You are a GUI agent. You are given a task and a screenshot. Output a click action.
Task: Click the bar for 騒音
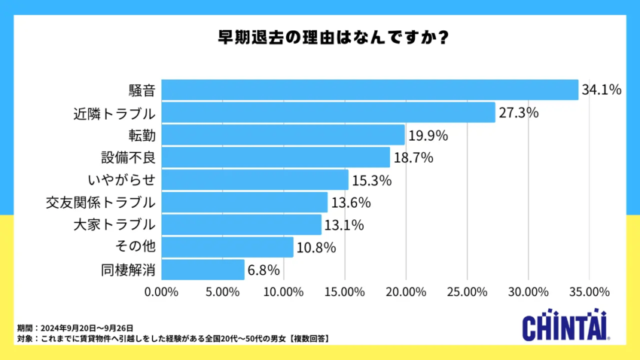(370, 90)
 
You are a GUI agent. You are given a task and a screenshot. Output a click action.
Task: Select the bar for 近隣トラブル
(328, 112)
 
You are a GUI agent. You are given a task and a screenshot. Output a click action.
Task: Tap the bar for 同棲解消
(203, 270)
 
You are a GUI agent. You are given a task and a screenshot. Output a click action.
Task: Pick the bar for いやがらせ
(255, 180)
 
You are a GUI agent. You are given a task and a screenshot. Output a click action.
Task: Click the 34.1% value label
(601, 90)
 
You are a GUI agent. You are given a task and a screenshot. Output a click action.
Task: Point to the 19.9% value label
(428, 136)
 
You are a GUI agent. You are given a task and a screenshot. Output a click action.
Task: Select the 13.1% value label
(344, 224)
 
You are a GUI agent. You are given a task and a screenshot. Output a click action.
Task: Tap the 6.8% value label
(264, 270)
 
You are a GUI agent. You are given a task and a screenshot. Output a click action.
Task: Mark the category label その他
(135, 247)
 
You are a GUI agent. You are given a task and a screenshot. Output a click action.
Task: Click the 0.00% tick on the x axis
(161, 291)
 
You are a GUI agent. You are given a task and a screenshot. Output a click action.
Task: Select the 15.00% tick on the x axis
(344, 291)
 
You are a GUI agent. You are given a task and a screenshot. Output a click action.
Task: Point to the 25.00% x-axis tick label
(467, 291)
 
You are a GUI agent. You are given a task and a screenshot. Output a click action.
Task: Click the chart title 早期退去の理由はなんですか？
(319, 37)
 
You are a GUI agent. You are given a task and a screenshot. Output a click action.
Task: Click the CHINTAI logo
(567, 326)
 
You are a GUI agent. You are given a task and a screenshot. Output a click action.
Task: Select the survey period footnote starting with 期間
(75, 328)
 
